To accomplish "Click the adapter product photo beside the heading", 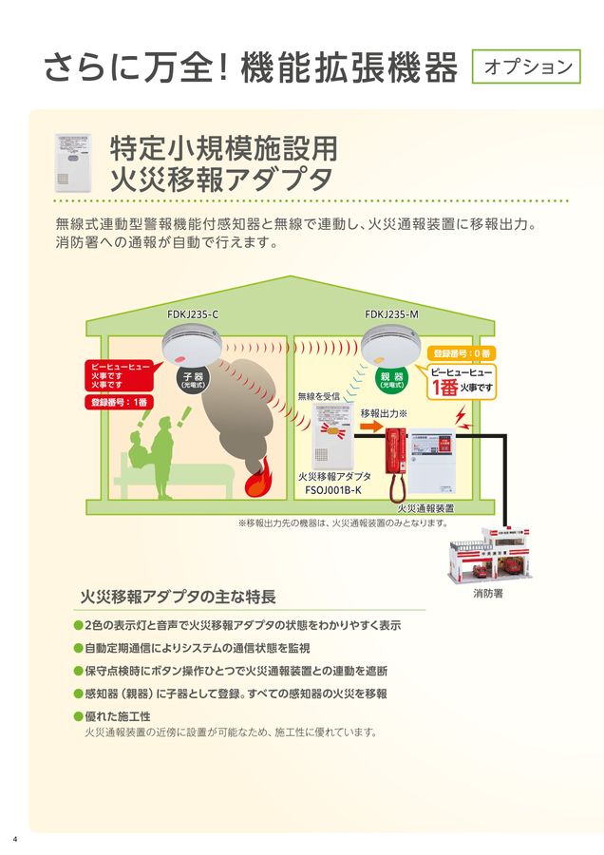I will [x=76, y=163].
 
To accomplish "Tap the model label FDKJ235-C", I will [x=193, y=314].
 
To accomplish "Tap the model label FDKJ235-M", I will [x=391, y=314].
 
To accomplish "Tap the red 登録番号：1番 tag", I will [x=118, y=402].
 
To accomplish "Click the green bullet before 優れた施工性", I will [x=79, y=715].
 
